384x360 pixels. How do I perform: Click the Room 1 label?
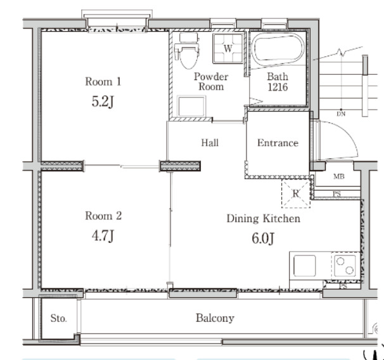click(103, 82)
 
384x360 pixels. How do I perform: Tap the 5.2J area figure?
click(103, 101)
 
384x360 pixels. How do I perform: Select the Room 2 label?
click(103, 215)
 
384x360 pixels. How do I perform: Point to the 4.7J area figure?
click(103, 236)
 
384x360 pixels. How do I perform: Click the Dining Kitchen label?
click(263, 219)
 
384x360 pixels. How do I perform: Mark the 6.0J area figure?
click(263, 238)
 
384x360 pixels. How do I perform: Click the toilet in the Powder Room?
click(188, 51)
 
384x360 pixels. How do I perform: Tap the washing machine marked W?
click(227, 49)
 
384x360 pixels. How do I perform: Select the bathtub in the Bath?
click(278, 50)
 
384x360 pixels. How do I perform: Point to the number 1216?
click(278, 87)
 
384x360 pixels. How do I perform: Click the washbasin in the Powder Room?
click(191, 106)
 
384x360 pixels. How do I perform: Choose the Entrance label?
click(278, 143)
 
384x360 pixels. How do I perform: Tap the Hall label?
click(210, 143)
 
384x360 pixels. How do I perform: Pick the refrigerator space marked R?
click(296, 193)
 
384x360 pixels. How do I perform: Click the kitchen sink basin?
click(304, 266)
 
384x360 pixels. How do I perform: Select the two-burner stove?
click(345, 266)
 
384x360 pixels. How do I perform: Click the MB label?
click(339, 176)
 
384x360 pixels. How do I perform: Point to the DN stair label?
click(341, 114)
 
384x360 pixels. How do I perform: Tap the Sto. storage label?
click(58, 318)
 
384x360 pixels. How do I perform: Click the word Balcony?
click(215, 318)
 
